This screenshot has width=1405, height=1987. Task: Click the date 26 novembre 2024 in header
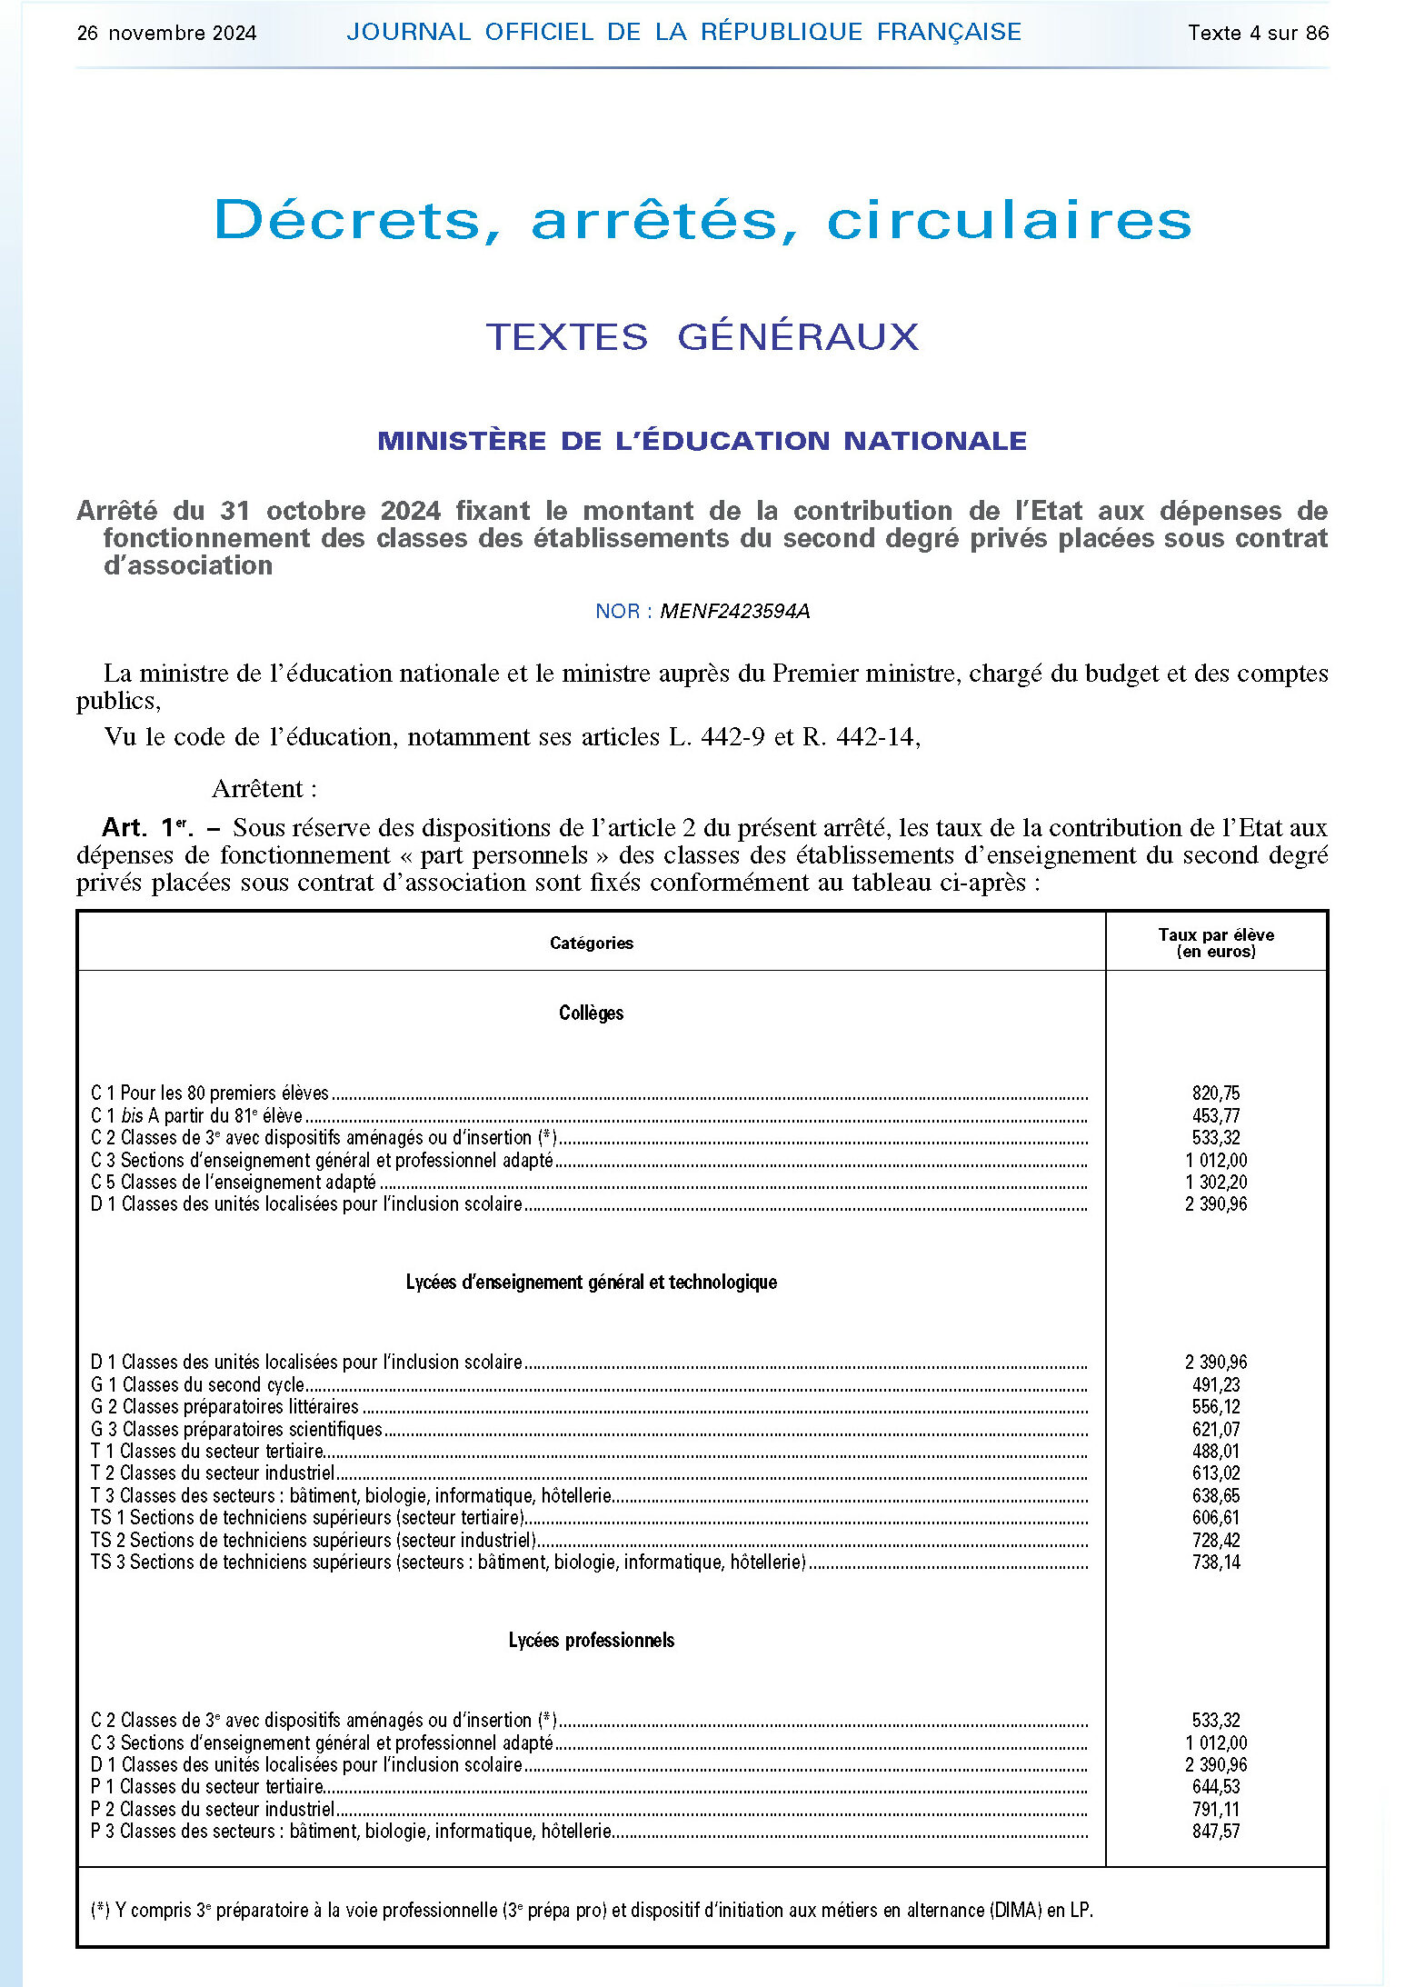(x=166, y=34)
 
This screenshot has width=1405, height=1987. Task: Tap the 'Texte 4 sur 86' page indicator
(x=1258, y=34)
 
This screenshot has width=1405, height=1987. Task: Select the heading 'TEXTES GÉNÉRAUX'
(x=702, y=337)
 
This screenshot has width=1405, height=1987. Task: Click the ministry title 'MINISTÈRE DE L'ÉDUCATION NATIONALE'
(x=702, y=441)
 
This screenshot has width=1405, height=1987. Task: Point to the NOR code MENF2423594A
(x=734, y=612)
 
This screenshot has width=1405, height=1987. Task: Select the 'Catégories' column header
(x=591, y=944)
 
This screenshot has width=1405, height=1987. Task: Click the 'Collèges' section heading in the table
(x=591, y=1013)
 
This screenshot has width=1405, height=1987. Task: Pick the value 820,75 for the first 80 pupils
(x=1216, y=1093)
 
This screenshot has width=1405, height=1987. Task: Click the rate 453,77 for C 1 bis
(x=1216, y=1116)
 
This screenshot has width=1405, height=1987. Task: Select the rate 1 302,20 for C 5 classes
(x=1216, y=1183)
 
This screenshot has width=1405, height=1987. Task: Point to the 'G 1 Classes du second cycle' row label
(x=197, y=1385)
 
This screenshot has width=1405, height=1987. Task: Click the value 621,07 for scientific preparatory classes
(x=1216, y=1430)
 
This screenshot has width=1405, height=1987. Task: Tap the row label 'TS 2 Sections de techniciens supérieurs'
(x=314, y=1541)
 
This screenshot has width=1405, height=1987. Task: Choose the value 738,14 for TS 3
(x=1216, y=1563)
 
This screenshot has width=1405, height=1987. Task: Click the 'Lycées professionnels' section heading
(x=591, y=1641)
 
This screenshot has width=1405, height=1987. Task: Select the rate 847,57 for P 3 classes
(x=1216, y=1832)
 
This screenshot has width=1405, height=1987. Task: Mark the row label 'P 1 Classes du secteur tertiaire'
(x=207, y=1787)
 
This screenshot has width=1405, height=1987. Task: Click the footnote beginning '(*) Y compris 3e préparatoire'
(x=591, y=1911)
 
